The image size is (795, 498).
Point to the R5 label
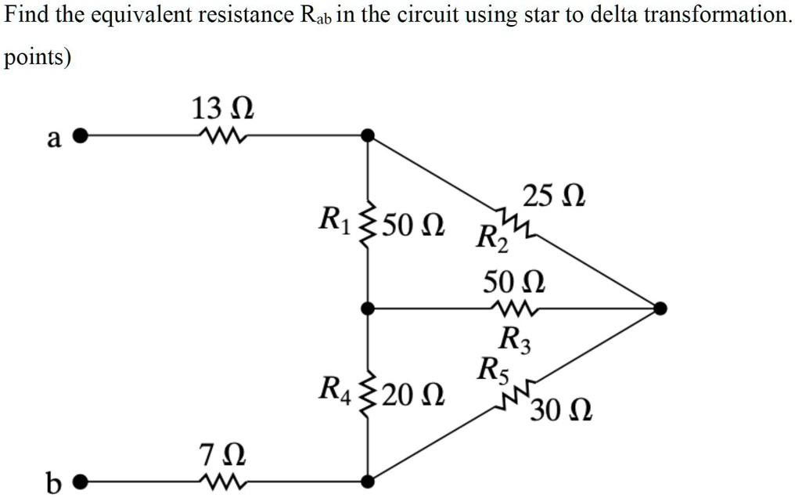click(495, 368)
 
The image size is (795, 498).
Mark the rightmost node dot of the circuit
click(660, 309)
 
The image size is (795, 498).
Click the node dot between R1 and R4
click(369, 309)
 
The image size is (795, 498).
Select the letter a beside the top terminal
click(53, 139)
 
